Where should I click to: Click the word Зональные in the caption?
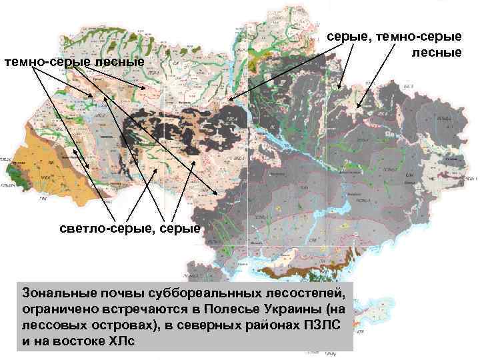(55, 294)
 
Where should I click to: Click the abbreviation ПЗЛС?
(324, 326)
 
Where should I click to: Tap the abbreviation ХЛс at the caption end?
(122, 341)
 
